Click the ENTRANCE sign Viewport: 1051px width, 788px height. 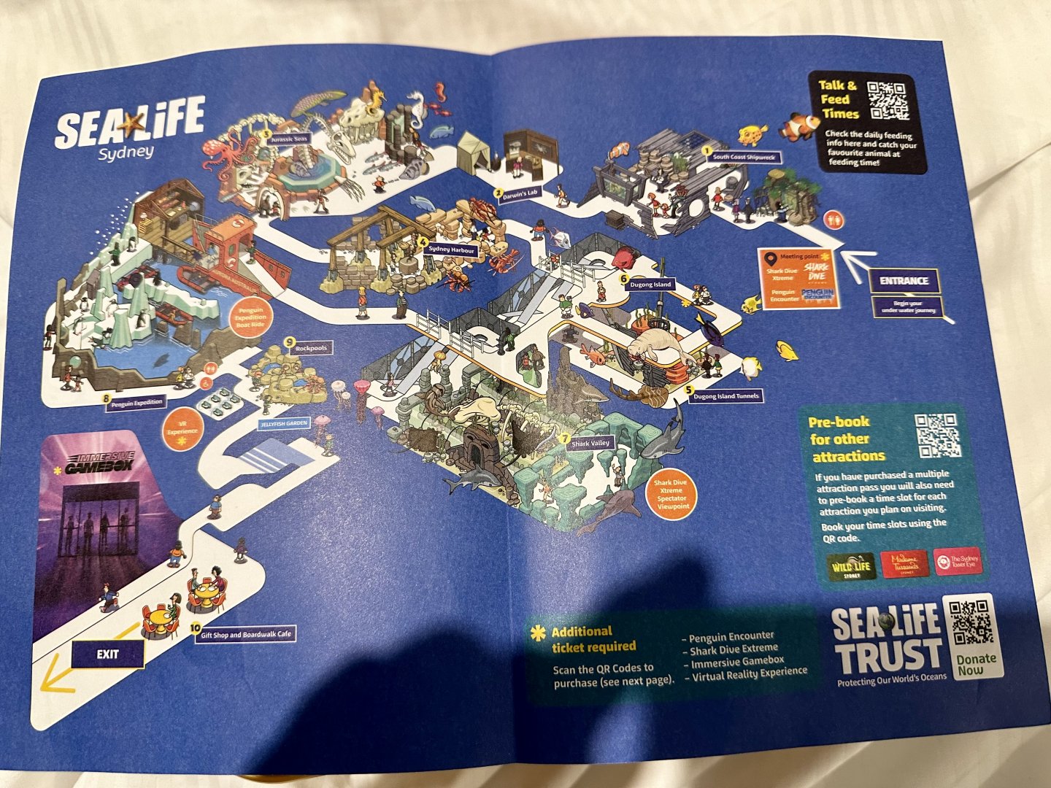click(904, 281)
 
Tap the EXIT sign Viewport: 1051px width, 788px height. click(107, 654)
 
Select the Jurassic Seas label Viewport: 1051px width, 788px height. click(290, 139)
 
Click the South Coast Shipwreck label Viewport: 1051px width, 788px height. click(747, 157)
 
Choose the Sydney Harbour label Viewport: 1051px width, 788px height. click(452, 250)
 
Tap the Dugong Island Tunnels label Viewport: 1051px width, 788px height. click(726, 395)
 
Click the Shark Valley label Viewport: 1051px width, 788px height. click(590, 443)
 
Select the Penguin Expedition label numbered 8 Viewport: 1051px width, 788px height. click(137, 402)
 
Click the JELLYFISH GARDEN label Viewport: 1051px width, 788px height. click(284, 423)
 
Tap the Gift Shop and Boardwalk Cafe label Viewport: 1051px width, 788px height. click(246, 634)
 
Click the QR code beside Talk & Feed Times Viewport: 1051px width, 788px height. click(888, 100)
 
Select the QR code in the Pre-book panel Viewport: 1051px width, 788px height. click(937, 436)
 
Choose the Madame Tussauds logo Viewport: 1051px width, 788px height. click(905, 563)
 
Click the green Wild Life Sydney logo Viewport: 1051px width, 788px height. click(852, 567)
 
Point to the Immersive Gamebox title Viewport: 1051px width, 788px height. click(100, 463)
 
